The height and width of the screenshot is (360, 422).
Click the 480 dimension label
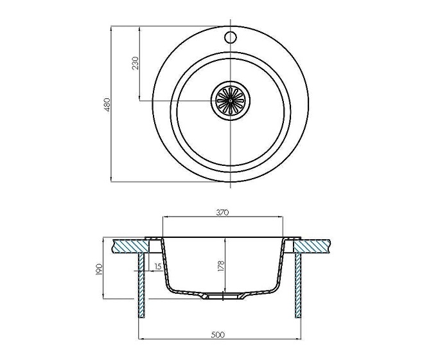(x=107, y=105)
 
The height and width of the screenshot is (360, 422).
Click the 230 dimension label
(x=136, y=64)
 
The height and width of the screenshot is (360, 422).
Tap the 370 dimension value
(x=223, y=213)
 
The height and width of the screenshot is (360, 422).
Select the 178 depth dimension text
(x=221, y=266)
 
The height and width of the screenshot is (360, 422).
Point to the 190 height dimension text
(x=99, y=269)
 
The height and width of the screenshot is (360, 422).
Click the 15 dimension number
(x=158, y=267)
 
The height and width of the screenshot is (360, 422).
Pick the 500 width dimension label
(x=218, y=335)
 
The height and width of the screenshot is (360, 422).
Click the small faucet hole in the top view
(x=231, y=37)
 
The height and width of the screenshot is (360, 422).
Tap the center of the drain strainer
(x=231, y=100)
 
